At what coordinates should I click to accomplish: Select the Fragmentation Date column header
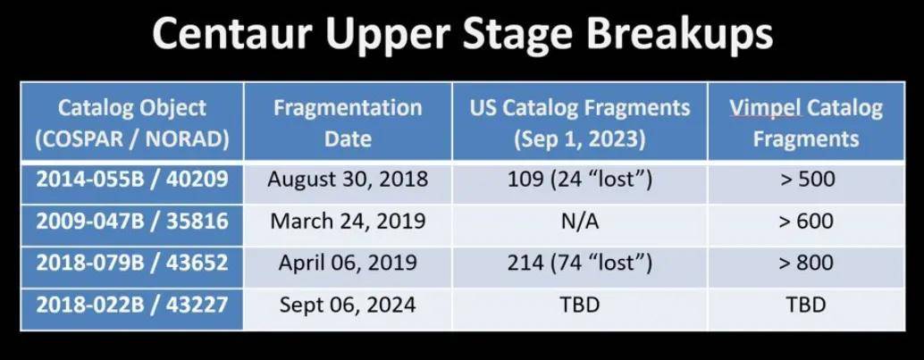[348, 123]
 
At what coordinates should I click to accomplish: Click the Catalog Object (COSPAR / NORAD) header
[132, 123]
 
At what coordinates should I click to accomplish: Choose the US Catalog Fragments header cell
[580, 123]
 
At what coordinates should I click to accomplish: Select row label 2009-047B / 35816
[132, 221]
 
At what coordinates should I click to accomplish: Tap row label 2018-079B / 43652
[132, 263]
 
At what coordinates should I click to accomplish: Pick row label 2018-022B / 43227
[132, 306]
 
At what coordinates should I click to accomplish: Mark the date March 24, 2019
[348, 221]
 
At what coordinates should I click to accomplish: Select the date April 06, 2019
[348, 263]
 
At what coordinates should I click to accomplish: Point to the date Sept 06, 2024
[348, 306]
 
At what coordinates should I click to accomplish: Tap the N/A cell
[580, 221]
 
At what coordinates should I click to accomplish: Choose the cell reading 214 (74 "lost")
[580, 263]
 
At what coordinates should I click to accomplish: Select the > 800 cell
[806, 263]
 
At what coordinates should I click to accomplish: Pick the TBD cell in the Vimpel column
[806, 306]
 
